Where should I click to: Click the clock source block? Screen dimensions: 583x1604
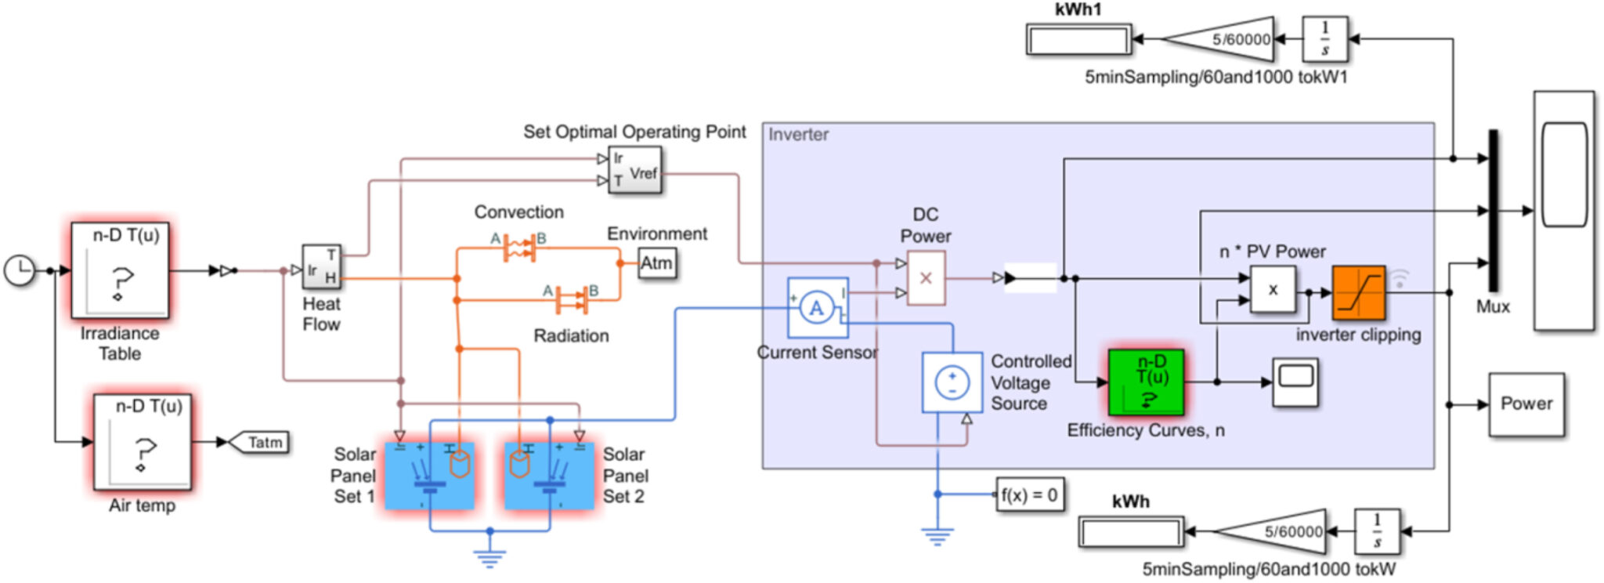pyautogui.click(x=19, y=270)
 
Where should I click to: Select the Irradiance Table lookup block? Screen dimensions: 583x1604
pyautogui.click(x=120, y=270)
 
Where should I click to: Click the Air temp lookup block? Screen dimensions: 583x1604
pyautogui.click(x=142, y=442)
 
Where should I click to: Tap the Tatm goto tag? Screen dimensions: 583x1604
pyautogui.click(x=260, y=443)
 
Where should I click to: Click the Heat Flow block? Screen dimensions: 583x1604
pyautogui.click(x=322, y=267)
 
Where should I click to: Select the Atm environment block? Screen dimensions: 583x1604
pyautogui.click(x=656, y=263)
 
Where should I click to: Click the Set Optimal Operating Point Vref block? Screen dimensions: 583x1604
pyautogui.click(x=635, y=170)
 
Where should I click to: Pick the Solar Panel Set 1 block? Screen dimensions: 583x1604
pyautogui.click(x=429, y=476)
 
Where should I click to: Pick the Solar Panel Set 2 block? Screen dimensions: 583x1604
pyautogui.click(x=548, y=476)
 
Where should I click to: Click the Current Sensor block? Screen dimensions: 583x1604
pyautogui.click(x=817, y=307)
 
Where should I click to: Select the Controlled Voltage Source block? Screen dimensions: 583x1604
pyautogui.click(x=952, y=382)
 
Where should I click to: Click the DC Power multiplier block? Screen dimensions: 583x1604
pyautogui.click(x=926, y=278)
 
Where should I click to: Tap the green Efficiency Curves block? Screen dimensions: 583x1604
pyautogui.click(x=1146, y=382)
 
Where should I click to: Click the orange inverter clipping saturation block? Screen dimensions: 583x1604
pyautogui.click(x=1358, y=292)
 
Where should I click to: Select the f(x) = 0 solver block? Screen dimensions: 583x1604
pyautogui.click(x=1029, y=494)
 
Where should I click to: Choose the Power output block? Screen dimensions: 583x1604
pyautogui.click(x=1526, y=404)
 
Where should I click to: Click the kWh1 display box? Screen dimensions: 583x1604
pyautogui.click(x=1078, y=39)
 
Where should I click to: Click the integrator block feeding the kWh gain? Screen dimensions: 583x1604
pyautogui.click(x=1377, y=531)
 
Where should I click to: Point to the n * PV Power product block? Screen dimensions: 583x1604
pyautogui.click(x=1272, y=289)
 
